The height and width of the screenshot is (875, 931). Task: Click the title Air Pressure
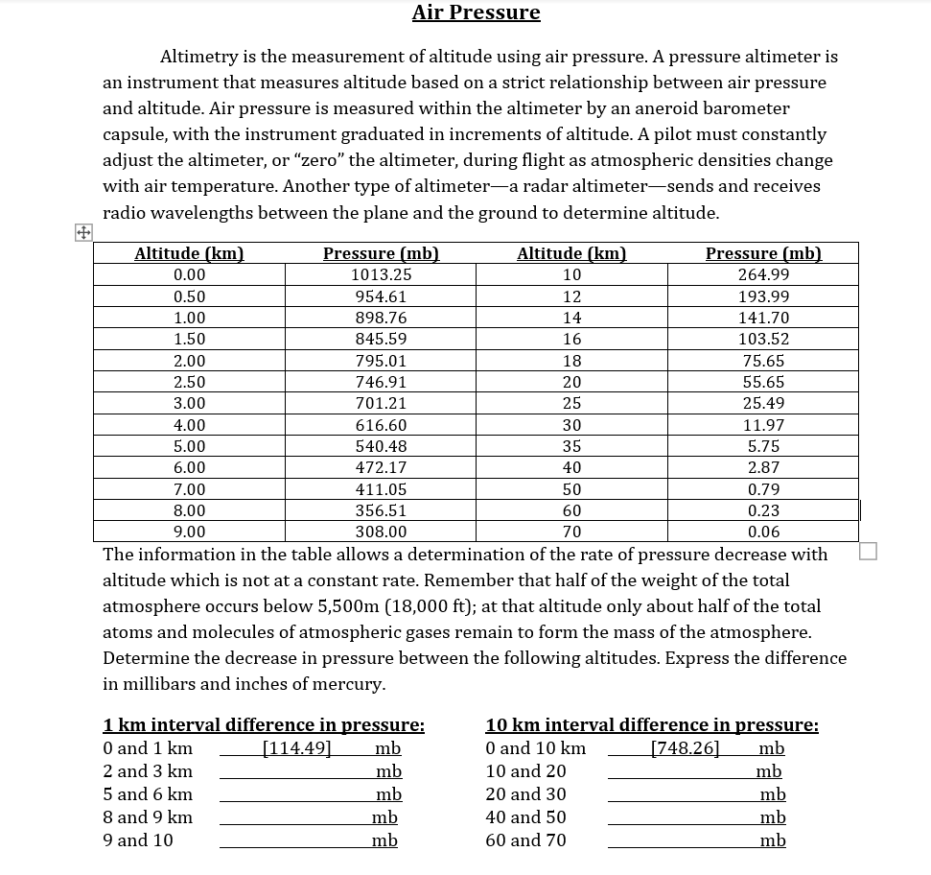click(476, 12)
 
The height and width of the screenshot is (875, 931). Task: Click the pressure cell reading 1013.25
click(381, 275)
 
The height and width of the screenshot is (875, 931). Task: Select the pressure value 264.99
click(763, 275)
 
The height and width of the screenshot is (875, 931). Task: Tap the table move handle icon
click(83, 233)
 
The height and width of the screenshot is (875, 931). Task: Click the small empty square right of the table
click(868, 551)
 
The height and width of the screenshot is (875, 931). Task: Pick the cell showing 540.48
click(381, 446)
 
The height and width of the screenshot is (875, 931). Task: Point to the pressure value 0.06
click(763, 532)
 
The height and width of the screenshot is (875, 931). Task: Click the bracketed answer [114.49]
click(296, 748)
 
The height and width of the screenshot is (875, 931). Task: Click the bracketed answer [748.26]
click(685, 748)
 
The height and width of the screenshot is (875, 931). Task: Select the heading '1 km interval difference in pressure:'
click(264, 725)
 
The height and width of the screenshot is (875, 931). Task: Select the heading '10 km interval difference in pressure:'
click(652, 725)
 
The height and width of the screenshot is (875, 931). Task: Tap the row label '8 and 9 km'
click(148, 817)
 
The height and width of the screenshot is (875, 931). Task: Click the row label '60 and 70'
click(525, 840)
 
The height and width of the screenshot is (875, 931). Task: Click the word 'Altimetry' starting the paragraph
click(199, 57)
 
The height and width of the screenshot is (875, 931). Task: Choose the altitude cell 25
click(571, 403)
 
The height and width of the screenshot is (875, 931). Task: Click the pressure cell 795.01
click(381, 361)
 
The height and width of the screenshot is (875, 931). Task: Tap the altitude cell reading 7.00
click(189, 489)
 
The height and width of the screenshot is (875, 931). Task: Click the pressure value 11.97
click(763, 425)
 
